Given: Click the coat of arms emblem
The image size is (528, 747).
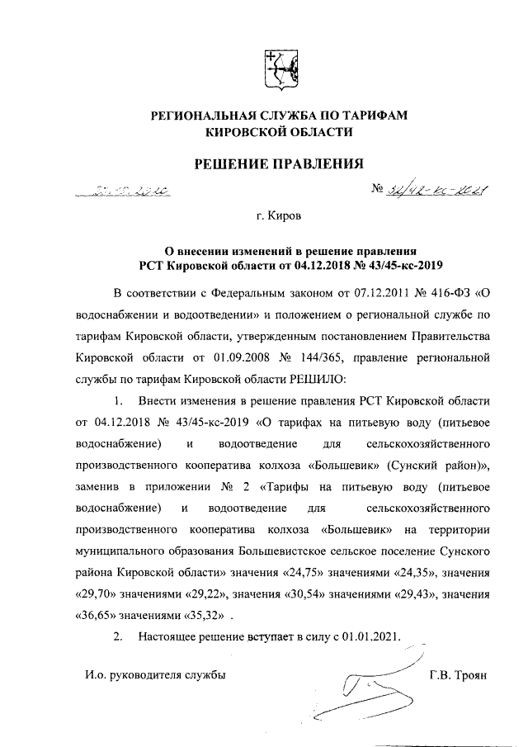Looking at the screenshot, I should click(278, 69).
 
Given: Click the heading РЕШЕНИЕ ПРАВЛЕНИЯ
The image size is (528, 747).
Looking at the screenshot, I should click(278, 164).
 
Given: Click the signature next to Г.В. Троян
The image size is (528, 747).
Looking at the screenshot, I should click(366, 685).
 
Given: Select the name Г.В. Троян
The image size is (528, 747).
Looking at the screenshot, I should click(459, 675).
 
